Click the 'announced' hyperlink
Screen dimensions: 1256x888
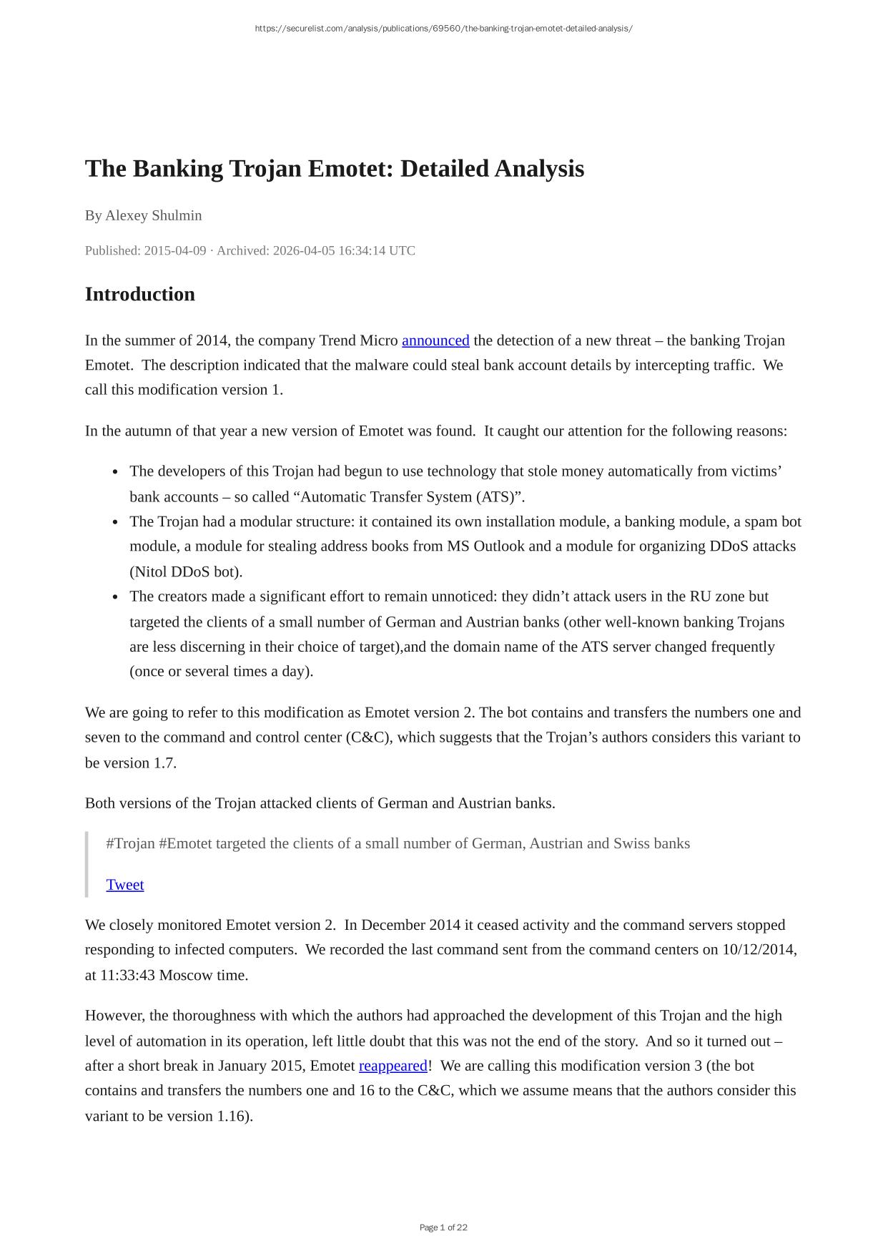(435, 340)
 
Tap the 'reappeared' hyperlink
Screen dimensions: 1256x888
(393, 1066)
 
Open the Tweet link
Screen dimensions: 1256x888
(125, 885)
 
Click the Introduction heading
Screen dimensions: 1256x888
(139, 294)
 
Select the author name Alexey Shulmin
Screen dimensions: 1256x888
(154, 215)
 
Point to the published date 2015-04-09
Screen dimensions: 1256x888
(175, 250)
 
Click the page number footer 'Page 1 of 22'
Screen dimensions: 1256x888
(443, 1227)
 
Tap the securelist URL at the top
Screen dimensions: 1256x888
(443, 29)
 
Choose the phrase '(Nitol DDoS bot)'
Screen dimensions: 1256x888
(186, 571)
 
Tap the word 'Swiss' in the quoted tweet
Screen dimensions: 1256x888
(631, 843)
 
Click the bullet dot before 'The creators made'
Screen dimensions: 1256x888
(115, 597)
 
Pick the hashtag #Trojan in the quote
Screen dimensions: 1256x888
(130, 843)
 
